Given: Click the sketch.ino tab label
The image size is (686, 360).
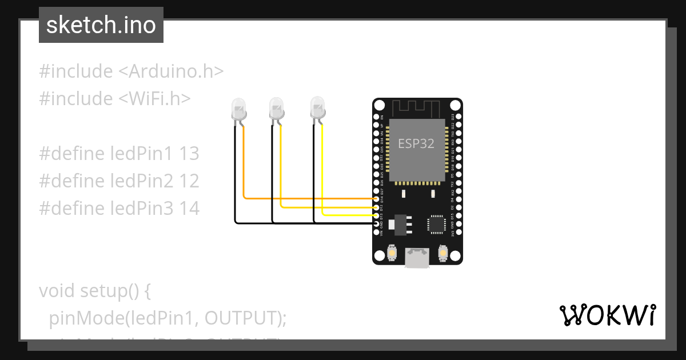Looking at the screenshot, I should [101, 25].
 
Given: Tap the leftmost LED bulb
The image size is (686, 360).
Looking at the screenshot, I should [238, 108].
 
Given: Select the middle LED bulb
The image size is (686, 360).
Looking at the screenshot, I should [277, 107].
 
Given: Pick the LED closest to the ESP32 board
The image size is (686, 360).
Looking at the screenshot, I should [317, 107].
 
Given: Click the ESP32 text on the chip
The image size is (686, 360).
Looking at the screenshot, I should [416, 144].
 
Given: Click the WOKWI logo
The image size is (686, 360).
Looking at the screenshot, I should [607, 315].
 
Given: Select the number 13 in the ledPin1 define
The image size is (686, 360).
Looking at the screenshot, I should [189, 154].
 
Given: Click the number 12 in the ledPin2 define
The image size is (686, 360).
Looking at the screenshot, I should [189, 181].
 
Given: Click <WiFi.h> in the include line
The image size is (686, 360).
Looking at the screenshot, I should [154, 99].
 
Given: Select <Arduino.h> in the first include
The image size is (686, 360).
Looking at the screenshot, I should [171, 71].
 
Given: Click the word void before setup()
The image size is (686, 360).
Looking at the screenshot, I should [56, 291].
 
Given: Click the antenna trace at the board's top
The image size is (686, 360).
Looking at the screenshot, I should [417, 107].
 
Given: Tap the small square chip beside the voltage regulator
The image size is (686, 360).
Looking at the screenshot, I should [437, 223].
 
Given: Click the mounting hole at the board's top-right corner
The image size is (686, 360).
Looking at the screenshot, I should [454, 106].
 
